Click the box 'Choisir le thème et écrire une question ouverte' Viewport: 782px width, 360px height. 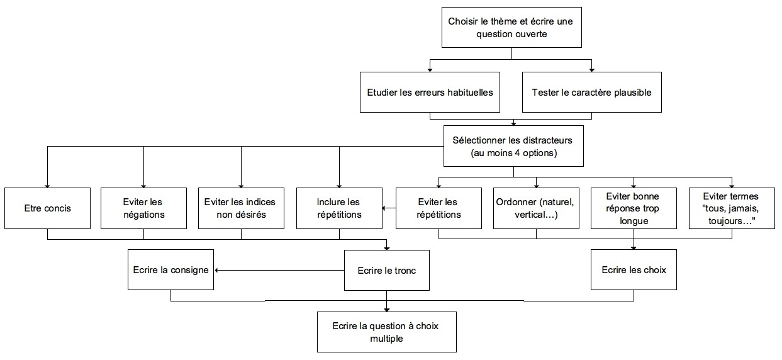click(511, 27)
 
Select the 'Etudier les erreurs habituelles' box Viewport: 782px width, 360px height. click(430, 92)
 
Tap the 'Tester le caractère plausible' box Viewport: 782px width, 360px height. click(592, 92)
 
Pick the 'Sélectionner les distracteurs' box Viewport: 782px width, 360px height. click(513, 146)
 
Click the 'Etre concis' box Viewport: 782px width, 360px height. click(47, 208)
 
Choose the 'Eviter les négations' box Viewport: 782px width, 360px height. click(143, 208)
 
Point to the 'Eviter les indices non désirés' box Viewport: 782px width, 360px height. click(241, 208)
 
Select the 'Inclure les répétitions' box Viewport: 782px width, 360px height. click(339, 208)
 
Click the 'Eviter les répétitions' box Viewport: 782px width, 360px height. click(439, 208)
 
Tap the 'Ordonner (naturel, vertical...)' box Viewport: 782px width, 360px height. click(536, 208)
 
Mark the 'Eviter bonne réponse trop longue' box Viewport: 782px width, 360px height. click(634, 208)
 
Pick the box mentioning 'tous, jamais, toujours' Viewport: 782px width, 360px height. click(732, 208)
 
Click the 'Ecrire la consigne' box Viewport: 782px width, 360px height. click(170, 269)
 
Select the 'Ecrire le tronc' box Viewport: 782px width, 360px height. click(387, 270)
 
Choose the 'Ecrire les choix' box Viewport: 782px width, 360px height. click(634, 269)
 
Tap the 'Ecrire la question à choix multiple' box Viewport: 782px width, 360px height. click(387, 332)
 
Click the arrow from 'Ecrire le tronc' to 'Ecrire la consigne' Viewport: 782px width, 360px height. click(279, 270)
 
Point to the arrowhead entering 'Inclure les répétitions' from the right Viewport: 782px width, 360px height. click(384, 208)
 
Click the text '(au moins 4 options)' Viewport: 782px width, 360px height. click(513, 153)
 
